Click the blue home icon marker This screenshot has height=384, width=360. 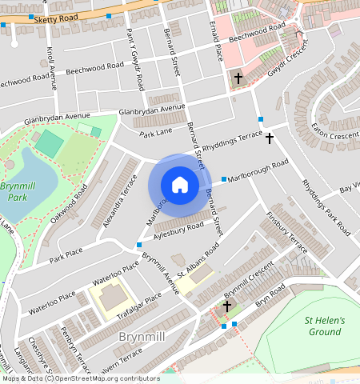pyautogui.click(x=180, y=185)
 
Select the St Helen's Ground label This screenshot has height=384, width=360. pyautogui.click(x=325, y=326)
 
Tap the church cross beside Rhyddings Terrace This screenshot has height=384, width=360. pyautogui.click(x=270, y=138)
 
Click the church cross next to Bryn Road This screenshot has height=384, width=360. pyautogui.click(x=227, y=306)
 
